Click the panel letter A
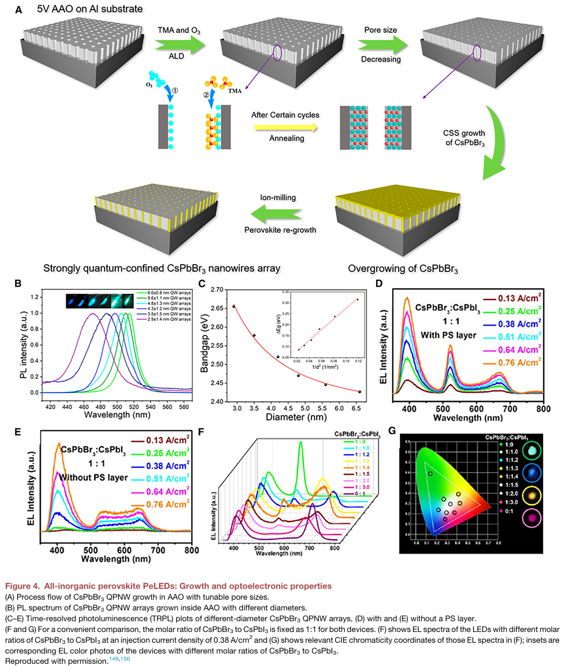pos(19,9)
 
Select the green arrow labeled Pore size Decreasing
pos(381,44)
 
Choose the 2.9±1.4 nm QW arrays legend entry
pos(168,319)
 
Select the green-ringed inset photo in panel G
pos(532,448)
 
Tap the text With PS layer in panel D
pos(449,335)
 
